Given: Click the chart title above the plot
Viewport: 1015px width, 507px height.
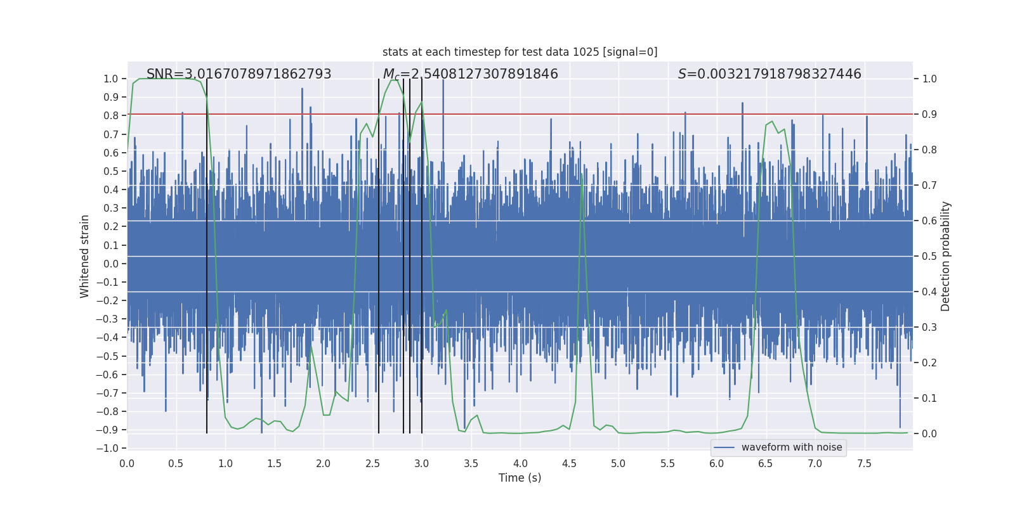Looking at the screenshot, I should coord(520,52).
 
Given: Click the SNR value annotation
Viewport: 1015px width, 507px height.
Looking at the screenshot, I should coord(239,74).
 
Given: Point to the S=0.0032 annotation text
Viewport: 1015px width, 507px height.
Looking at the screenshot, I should coord(769,74).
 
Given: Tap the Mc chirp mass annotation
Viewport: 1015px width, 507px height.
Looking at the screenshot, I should coord(470,74).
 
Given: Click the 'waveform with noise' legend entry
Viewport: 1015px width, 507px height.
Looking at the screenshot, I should coord(791,447).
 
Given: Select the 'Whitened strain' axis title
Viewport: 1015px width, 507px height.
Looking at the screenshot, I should coord(85,256).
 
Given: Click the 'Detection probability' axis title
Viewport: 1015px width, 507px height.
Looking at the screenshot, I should coord(946,256).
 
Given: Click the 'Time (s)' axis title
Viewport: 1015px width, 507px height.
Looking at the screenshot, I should coord(520,478).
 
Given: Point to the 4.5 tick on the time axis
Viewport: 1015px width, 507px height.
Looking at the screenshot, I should coord(569,463).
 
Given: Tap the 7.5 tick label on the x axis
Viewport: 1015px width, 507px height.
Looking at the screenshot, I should coord(864,463).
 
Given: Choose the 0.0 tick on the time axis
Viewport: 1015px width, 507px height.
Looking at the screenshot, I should coord(127,463).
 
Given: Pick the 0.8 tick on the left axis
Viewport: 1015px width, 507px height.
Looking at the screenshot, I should coord(111,115).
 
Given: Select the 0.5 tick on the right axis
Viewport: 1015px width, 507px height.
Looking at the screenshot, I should coord(929,256).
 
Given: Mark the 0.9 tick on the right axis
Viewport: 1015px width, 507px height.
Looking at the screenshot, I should coord(929,114).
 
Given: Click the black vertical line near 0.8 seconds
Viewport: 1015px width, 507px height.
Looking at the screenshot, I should coord(207,253).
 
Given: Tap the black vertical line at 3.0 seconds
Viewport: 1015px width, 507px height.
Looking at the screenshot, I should coord(422,253).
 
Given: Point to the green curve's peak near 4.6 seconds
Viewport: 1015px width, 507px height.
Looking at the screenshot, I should coord(581,174).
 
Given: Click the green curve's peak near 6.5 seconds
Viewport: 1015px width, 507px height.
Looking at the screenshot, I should coord(771,122).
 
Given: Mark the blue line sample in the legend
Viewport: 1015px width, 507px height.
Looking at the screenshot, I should coord(724,447).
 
